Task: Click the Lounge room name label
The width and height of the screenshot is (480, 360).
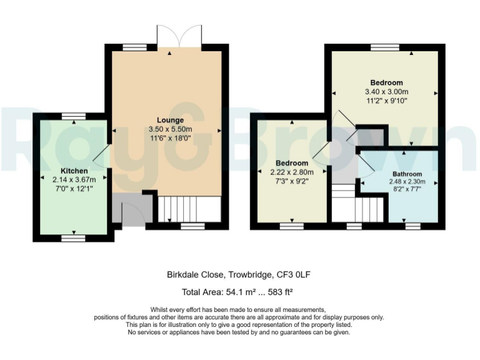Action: pos(170,120)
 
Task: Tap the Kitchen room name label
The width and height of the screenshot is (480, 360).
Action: pos(74,171)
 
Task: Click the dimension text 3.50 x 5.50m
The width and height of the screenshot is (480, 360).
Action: pos(170,129)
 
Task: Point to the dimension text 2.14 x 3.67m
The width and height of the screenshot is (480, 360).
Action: pos(74,179)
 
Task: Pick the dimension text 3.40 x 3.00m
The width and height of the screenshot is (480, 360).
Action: pos(386,91)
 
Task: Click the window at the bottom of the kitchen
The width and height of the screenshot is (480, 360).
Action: pos(74,237)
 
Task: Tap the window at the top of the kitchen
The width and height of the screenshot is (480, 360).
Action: pos(74,116)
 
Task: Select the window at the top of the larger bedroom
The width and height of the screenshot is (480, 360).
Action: pos(384,47)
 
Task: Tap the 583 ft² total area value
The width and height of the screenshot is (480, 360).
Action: pos(281,291)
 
